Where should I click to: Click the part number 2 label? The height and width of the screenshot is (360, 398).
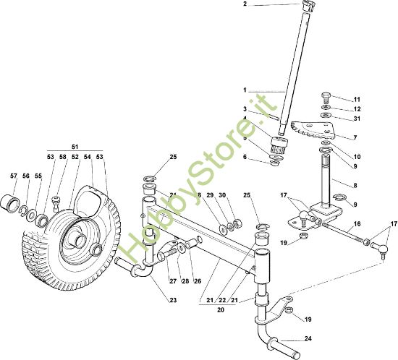coord(245,4)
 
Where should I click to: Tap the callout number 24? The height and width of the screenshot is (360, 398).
coord(308,339)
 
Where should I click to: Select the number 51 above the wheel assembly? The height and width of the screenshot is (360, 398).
coord(75,147)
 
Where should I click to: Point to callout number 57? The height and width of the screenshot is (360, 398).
coord(14,176)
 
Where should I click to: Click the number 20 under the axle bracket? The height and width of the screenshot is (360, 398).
coord(221,310)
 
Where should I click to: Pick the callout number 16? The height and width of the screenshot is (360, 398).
coord(357,224)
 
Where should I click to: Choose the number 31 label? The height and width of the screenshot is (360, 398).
coord(357,119)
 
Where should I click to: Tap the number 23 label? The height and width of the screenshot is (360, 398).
coord(173,300)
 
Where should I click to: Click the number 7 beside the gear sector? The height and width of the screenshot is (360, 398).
coord(355,137)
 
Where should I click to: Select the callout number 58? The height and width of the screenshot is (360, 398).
coord(63,157)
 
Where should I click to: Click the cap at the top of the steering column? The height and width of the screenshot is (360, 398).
coord(308,6)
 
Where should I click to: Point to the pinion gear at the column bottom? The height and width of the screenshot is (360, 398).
coord(279,145)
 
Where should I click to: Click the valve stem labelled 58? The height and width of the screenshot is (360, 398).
coord(56,204)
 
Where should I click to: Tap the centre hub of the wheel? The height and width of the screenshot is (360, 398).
coord(80,240)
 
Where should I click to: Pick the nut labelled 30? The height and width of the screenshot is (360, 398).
coord(238,223)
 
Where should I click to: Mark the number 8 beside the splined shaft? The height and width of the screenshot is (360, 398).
coord(355,185)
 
